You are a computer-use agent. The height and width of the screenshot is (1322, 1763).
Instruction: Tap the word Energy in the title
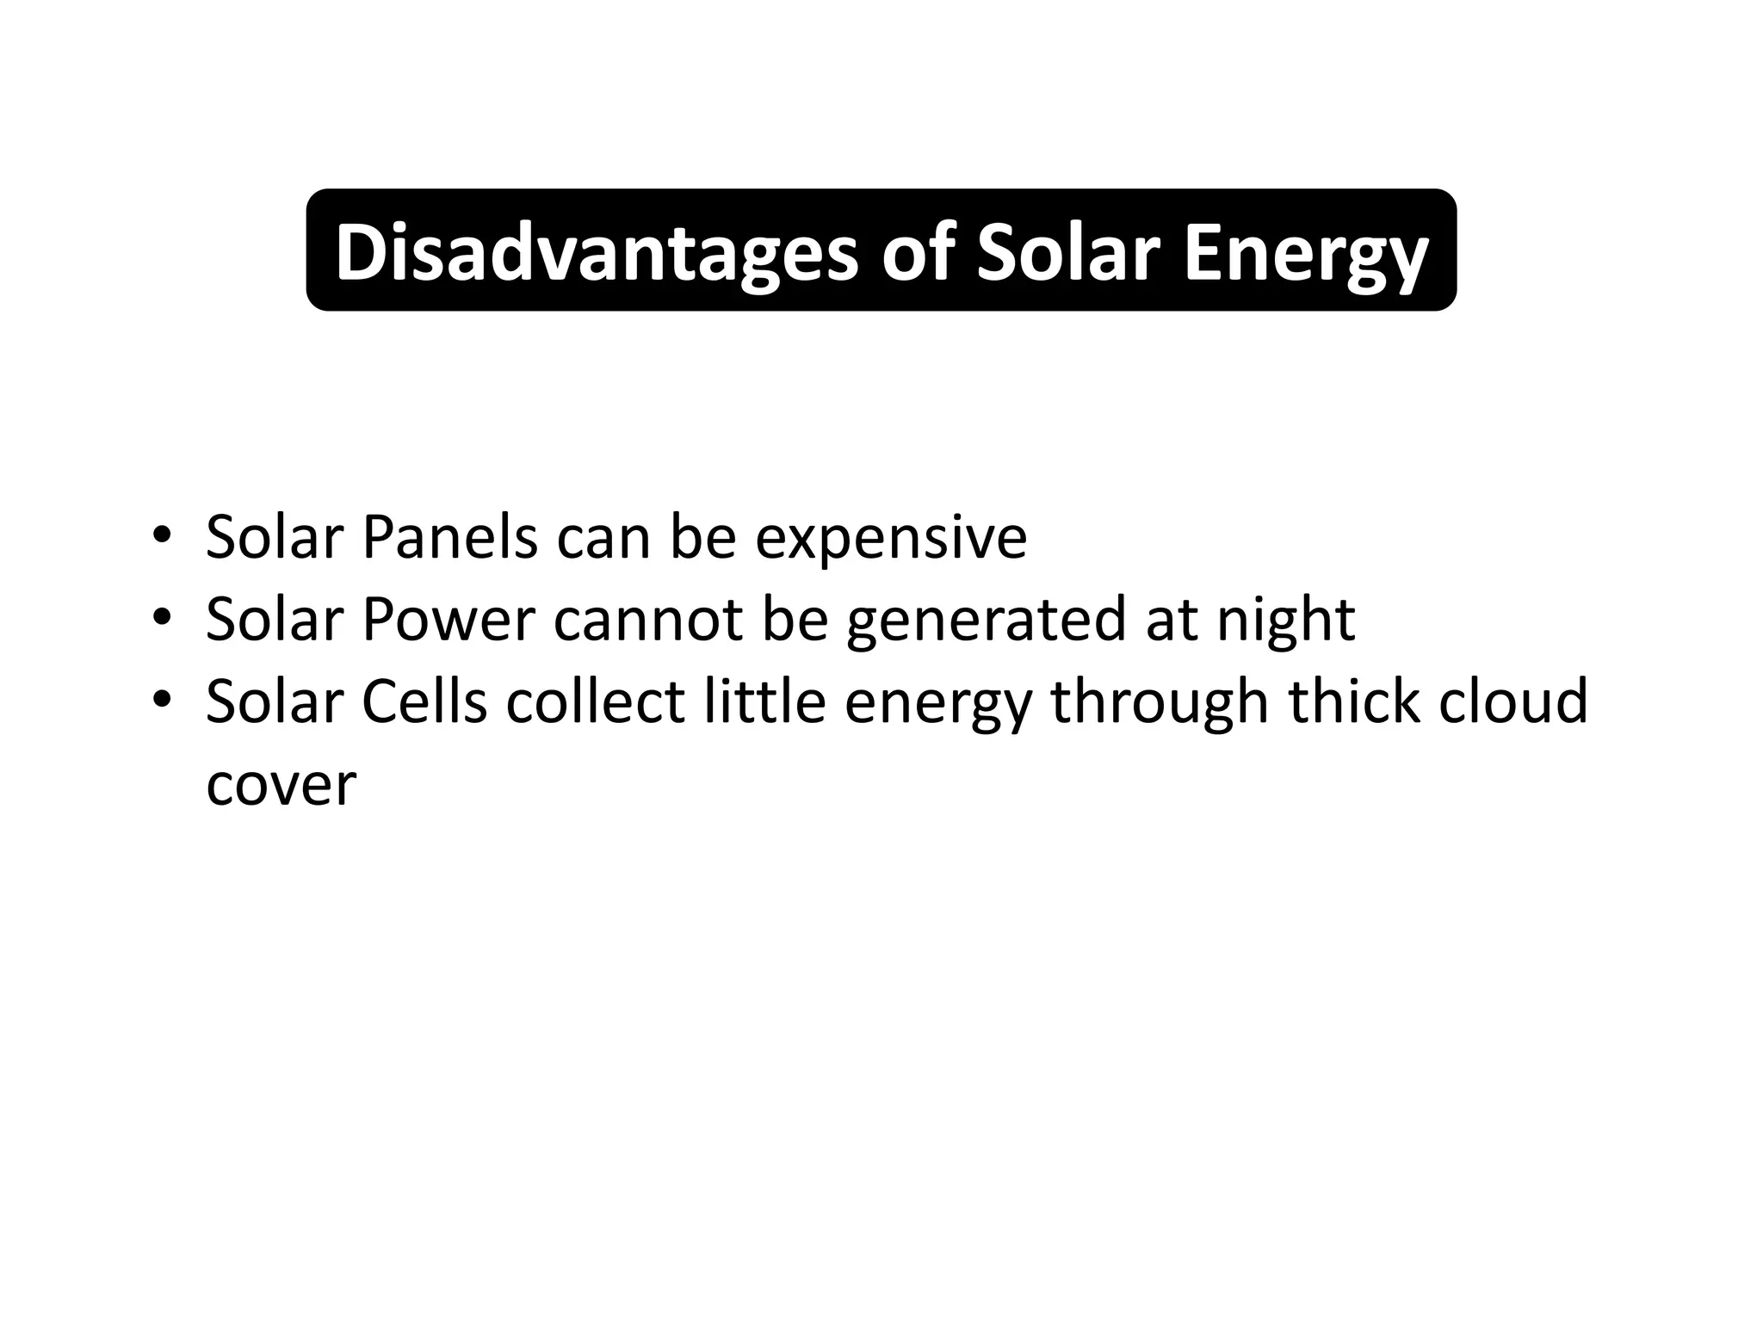tap(1306, 252)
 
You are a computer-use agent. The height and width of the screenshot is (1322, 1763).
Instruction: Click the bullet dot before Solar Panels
tap(160, 537)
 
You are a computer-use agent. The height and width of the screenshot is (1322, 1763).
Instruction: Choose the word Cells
tap(424, 701)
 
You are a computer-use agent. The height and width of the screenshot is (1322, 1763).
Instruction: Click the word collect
tap(595, 701)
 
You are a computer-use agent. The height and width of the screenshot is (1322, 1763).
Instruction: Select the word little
tap(764, 701)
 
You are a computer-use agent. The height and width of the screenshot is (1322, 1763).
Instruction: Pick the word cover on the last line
tap(281, 785)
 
